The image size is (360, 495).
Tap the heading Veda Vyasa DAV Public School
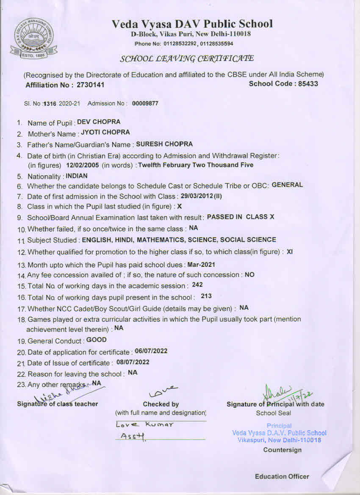click(x=192, y=24)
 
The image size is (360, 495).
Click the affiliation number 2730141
click(x=90, y=85)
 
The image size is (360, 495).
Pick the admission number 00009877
click(x=145, y=103)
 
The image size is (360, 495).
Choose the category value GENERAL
click(x=287, y=185)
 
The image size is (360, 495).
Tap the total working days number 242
click(x=197, y=285)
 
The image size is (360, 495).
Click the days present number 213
click(x=206, y=296)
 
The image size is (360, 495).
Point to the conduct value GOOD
click(x=97, y=340)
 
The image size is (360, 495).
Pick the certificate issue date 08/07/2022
click(x=133, y=362)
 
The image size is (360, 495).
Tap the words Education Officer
click(x=282, y=476)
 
